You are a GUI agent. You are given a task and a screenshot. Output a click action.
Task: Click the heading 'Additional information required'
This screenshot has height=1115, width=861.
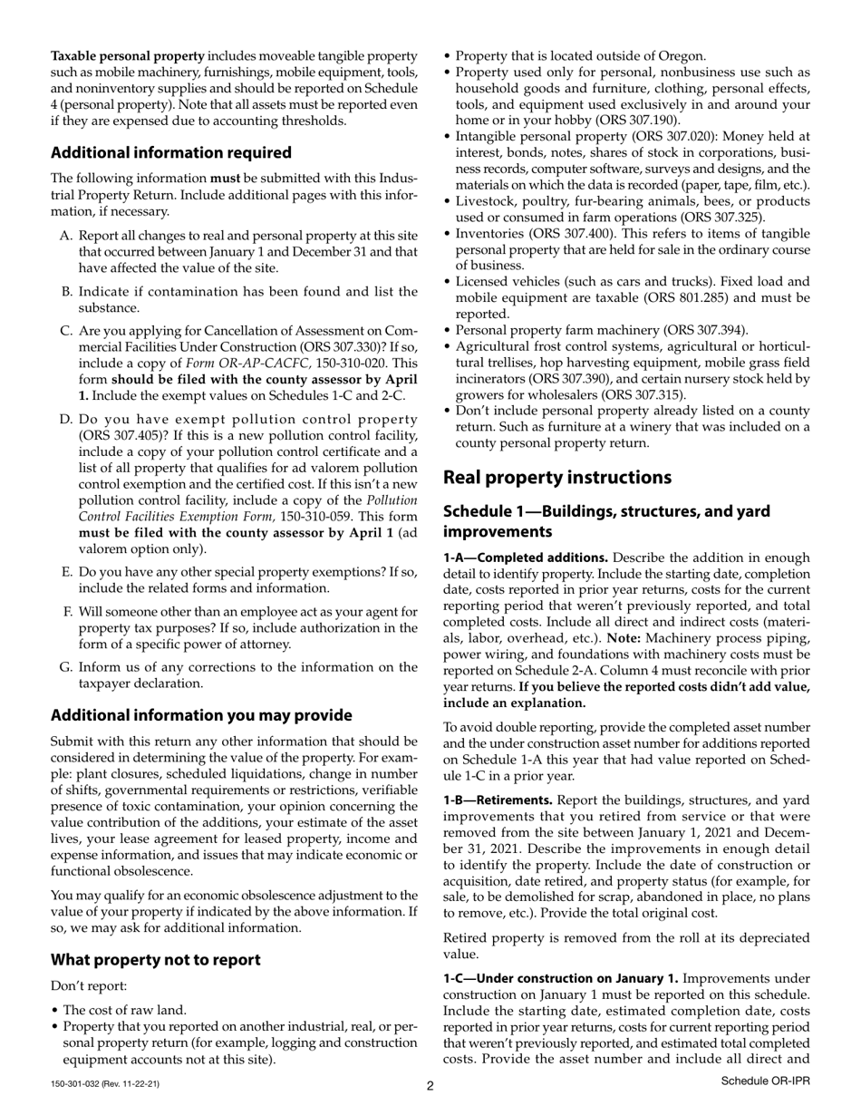click(x=171, y=152)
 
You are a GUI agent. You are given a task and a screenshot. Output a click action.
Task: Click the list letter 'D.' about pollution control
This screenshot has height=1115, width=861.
click(x=65, y=420)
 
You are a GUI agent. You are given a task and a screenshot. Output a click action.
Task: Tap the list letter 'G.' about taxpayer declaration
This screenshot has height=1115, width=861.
click(x=65, y=667)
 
